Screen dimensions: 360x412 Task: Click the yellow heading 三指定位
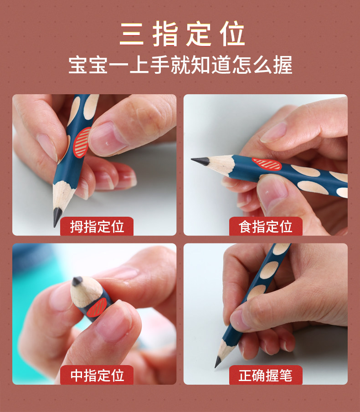click(182, 34)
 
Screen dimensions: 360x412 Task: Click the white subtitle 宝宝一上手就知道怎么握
click(180, 65)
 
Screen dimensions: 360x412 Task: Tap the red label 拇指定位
click(97, 226)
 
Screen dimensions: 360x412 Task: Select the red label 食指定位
click(266, 226)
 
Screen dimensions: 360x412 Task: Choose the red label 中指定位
click(97, 375)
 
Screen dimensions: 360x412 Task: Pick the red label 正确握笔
click(266, 375)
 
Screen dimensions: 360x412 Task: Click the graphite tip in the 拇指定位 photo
click(57, 217)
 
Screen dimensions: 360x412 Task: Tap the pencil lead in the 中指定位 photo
click(77, 281)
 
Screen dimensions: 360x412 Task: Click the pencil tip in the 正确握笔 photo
click(217, 361)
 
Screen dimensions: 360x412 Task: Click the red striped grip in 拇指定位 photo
click(81, 142)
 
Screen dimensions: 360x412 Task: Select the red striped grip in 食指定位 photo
click(267, 164)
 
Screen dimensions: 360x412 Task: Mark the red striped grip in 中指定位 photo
click(97, 307)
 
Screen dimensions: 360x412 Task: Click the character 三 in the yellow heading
click(132, 34)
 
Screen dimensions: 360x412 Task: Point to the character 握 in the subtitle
click(283, 65)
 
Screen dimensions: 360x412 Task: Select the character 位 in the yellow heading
click(233, 34)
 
